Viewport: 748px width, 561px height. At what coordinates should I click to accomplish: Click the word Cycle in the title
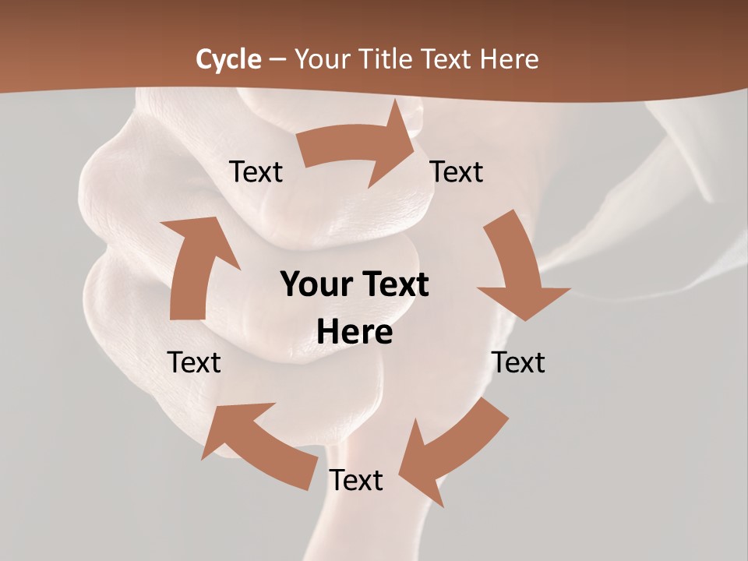228,59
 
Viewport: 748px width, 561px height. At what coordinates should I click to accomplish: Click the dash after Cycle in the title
277,60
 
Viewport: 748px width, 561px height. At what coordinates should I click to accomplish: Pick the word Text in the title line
445,59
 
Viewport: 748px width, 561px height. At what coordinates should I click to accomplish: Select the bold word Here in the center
355,333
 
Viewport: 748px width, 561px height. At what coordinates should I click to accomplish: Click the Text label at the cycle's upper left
256,172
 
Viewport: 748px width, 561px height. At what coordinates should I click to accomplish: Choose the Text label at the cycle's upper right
457,172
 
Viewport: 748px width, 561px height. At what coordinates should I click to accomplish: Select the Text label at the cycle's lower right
518,362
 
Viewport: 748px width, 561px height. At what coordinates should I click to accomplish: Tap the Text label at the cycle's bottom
356,481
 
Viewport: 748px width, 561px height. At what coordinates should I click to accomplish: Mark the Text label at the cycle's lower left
194,362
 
